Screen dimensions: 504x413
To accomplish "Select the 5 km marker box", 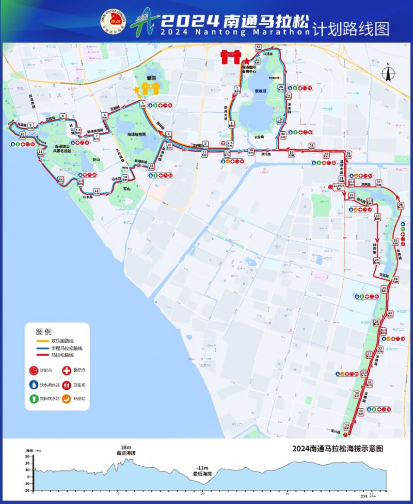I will [x=142, y=104].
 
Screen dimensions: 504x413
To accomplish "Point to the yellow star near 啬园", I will [x=136, y=90].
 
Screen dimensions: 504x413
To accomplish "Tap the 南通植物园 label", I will [x=137, y=134].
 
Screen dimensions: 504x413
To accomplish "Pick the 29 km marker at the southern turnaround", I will [x=347, y=426].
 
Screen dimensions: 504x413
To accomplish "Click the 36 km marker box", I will [x=401, y=206].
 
